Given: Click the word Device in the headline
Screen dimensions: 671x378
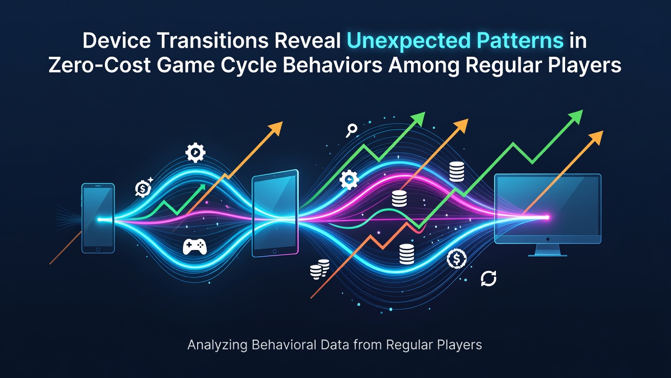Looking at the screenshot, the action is pos(117,41).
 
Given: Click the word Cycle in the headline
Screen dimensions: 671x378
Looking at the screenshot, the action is pos(248,67).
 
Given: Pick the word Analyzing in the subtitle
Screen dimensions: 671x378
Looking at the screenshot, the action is pos(217,345).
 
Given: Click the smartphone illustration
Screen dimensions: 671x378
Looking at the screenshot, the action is pos(98,218).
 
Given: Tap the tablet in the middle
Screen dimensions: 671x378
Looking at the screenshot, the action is pos(275,213).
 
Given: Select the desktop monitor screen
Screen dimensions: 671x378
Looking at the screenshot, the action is pos(548,209).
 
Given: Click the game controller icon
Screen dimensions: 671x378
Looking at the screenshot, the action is pos(194,247).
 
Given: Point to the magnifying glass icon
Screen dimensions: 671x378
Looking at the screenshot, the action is pos(351,131).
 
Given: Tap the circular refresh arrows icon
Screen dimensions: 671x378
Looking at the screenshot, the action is pos(489,278).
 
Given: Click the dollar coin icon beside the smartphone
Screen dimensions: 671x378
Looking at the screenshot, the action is pos(143,188).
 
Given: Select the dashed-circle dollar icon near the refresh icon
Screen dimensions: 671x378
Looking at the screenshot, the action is pos(457,259).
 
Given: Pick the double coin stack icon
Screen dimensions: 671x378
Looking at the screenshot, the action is pos(320,269).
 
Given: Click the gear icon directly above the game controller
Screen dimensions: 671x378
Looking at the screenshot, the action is pos(196,153).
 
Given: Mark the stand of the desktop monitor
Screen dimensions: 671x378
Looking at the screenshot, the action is pos(548,250).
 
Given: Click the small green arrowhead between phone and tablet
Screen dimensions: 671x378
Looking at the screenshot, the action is pos(202,187).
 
